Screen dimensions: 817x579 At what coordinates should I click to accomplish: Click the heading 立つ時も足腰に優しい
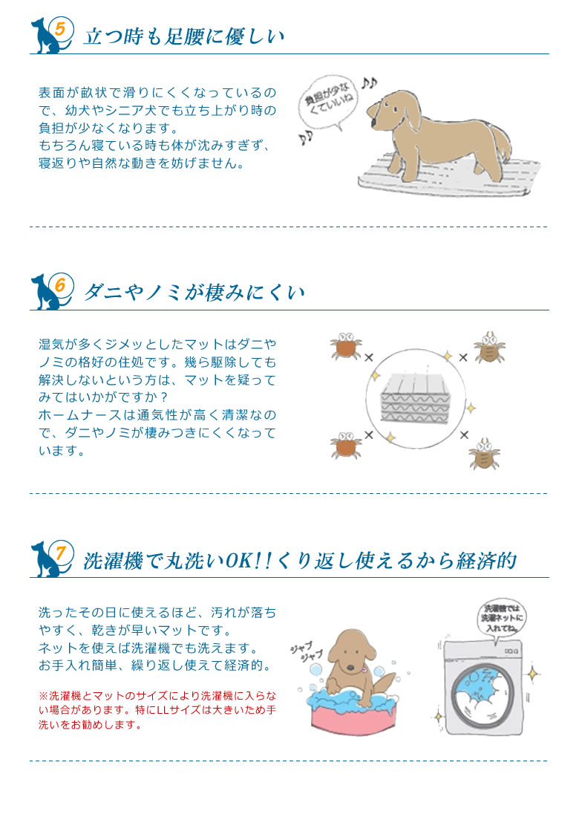click(184, 36)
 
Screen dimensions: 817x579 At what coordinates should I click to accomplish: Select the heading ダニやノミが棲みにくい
click(194, 292)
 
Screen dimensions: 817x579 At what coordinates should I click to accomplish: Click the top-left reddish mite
click(345, 348)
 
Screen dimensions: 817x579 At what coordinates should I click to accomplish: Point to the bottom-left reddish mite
click(345, 445)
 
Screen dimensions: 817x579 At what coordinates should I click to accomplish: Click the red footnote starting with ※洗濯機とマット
click(157, 710)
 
